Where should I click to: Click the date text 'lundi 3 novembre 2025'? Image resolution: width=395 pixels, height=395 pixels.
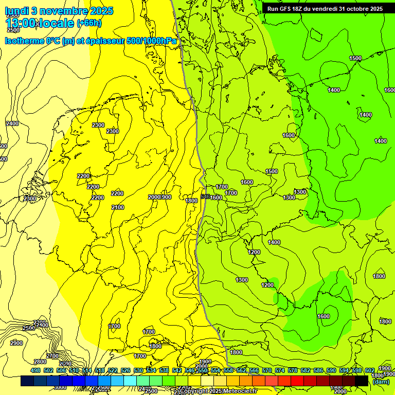coord(53,10)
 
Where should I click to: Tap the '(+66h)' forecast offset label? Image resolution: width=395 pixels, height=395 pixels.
coord(89,23)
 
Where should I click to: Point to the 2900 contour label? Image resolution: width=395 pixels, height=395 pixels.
coord(16,343)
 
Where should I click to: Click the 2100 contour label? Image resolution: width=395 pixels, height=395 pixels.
coord(118,207)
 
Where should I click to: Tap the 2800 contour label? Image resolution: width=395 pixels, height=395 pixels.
coord(40,362)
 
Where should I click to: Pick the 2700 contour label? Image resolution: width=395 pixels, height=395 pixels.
coord(52,356)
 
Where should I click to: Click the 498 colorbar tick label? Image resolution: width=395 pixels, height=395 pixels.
coord(35,370)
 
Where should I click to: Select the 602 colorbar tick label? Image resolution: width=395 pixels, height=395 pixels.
coord(370,370)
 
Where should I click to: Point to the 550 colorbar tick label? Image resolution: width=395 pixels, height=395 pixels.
coord(203,370)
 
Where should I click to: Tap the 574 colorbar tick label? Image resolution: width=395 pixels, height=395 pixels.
coord(280,370)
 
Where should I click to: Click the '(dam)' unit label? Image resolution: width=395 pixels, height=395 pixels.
coord(381,382)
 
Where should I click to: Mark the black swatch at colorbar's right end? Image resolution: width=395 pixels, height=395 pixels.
coord(362,381)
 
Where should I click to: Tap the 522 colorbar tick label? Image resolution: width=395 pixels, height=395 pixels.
coord(113,370)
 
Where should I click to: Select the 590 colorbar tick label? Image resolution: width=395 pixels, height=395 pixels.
coord(331,370)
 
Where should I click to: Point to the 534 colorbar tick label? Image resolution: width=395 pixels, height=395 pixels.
coord(151,370)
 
